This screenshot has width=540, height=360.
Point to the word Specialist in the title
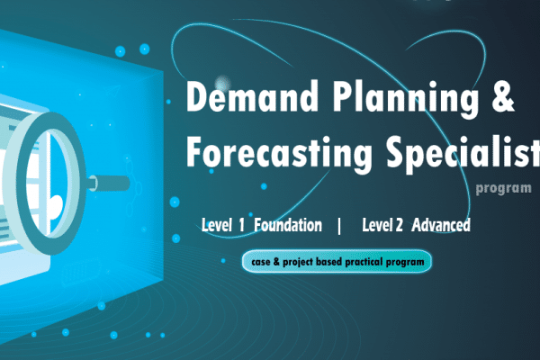(x=463, y=150)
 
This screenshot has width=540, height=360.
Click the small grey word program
(x=503, y=189)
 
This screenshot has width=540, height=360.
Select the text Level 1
(x=223, y=225)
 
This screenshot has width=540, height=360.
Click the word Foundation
(x=288, y=225)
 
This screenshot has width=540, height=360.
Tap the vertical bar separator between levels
(x=339, y=225)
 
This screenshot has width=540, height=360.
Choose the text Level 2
(x=382, y=225)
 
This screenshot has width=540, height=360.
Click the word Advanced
(x=441, y=225)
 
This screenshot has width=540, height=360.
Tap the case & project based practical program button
(x=337, y=262)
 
